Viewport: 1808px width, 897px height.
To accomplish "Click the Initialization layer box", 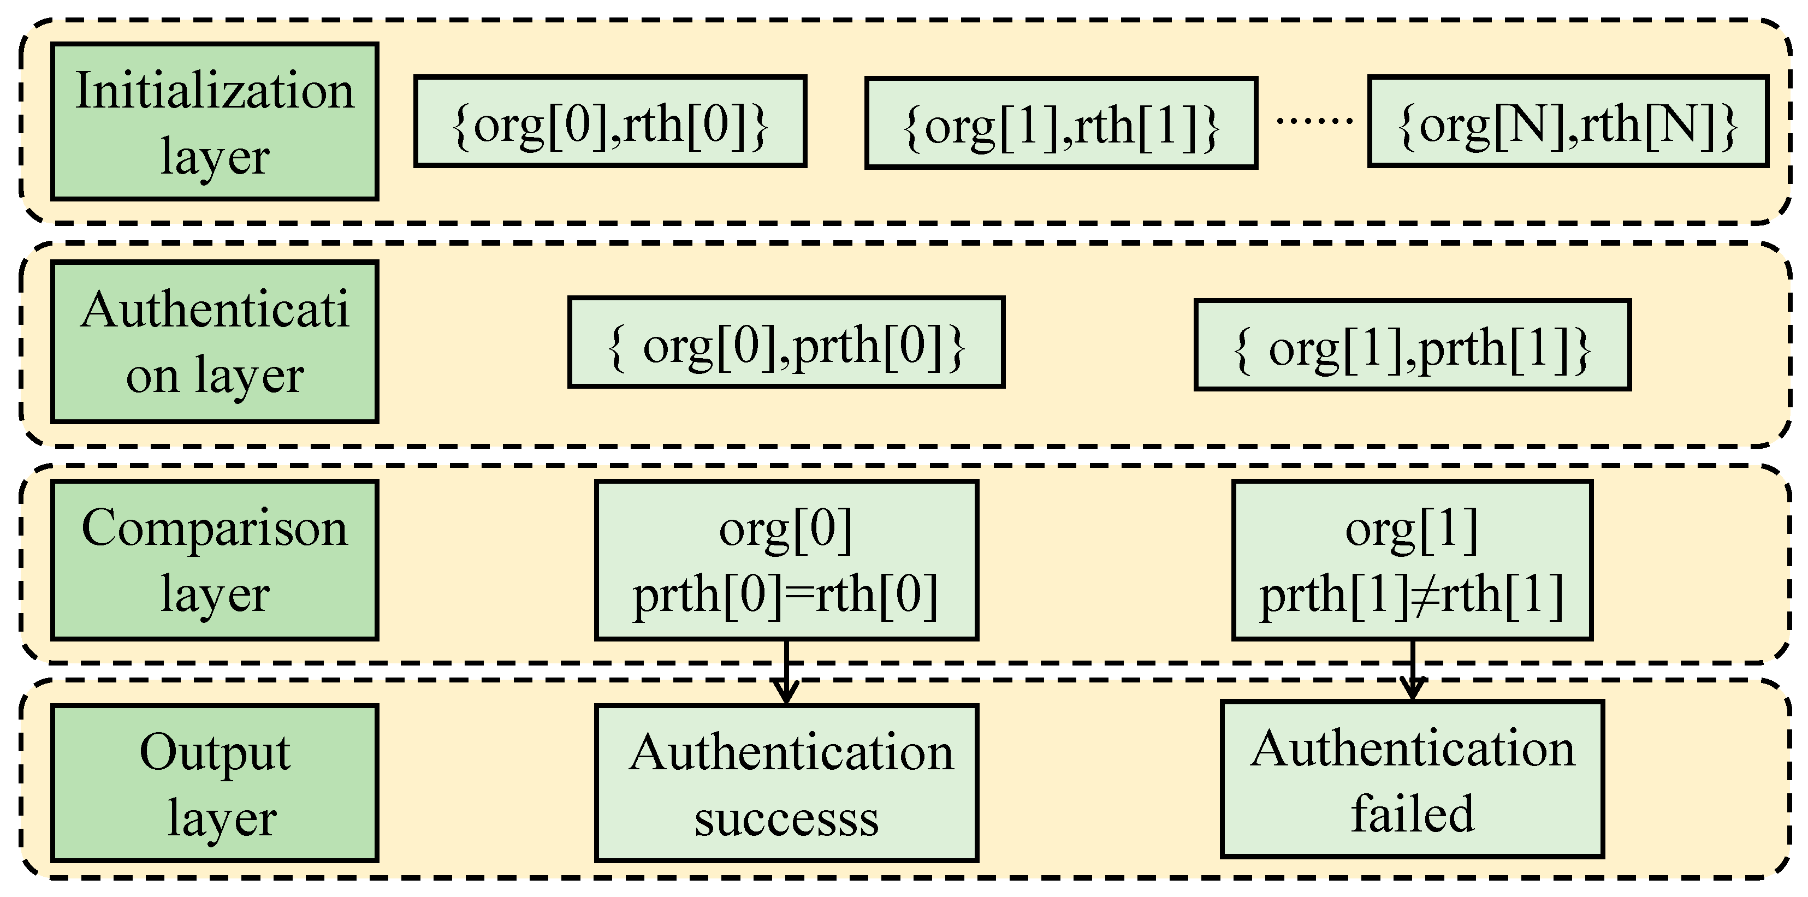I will [x=214, y=121].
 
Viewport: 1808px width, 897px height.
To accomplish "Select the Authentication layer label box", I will [x=214, y=342].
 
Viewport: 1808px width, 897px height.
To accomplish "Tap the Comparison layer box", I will [x=214, y=560].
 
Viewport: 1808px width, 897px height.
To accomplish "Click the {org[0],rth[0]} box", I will [x=610, y=121].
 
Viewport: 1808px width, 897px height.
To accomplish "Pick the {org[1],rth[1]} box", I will [x=1060, y=123].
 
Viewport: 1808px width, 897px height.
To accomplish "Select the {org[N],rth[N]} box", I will [x=1567, y=122].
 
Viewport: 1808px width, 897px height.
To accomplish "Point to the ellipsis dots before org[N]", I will [x=1313, y=121].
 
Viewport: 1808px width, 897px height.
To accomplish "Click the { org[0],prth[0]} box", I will [x=786, y=342].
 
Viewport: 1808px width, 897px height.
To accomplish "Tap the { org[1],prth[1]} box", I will [x=1412, y=346].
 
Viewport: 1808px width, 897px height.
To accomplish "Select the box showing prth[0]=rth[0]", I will [x=786, y=560].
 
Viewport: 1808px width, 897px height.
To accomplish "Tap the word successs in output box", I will [x=786, y=818].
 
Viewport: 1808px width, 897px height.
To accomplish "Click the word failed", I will [x=1412, y=814].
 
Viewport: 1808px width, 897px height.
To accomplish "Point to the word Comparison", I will [x=214, y=528].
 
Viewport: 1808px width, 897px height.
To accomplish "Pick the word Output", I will [x=214, y=752].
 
